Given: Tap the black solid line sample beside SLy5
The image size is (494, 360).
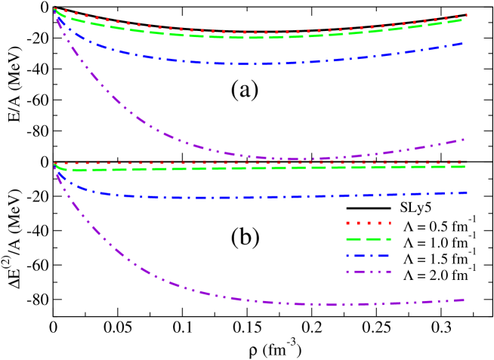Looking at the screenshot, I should click(367, 208).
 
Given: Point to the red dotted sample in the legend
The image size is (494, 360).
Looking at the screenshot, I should click(367, 224).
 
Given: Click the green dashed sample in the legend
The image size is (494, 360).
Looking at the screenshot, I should click(367, 240).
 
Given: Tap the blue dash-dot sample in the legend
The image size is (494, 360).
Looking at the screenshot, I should click(367, 256).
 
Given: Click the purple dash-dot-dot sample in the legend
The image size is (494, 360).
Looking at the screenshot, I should click(367, 272).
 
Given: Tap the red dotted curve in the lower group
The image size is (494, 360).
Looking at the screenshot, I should click(302, 162).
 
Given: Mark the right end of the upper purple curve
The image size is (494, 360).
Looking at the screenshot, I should click(463, 140).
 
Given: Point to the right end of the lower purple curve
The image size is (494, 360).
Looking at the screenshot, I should click(463, 300).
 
